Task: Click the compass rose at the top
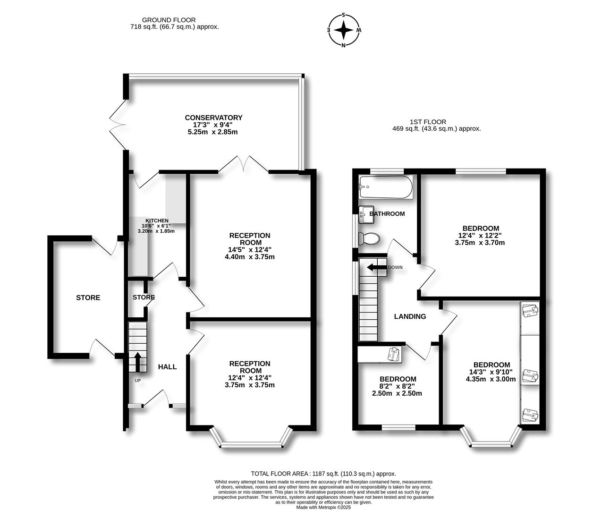pos(344,30)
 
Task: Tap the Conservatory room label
pos(213,118)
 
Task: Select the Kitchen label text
pos(157,221)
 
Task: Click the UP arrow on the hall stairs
pos(137,362)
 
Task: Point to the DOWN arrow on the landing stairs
pos(376,268)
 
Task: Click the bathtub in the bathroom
pos(385,187)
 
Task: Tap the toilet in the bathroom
pos(369,238)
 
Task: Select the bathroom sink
pos(366,214)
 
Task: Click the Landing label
pos(410,316)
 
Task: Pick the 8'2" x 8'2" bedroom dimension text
pos(398,386)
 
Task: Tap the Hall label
pos(167,366)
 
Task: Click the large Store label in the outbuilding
pos(88,297)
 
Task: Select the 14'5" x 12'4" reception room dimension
pos(250,250)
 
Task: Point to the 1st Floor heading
pos(428,122)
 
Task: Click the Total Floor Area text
pos(323,474)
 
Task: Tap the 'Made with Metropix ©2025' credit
pos(323,507)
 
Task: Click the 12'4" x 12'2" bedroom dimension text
pos(480,236)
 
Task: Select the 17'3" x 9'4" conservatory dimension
pos(213,125)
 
